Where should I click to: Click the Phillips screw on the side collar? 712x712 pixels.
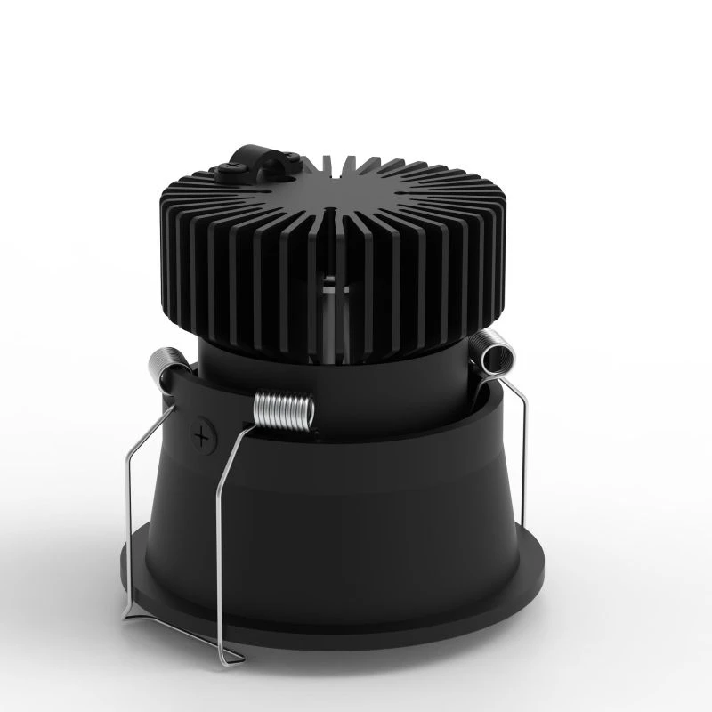click(x=205, y=437)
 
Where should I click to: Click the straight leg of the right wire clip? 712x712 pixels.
click(x=523, y=463)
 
